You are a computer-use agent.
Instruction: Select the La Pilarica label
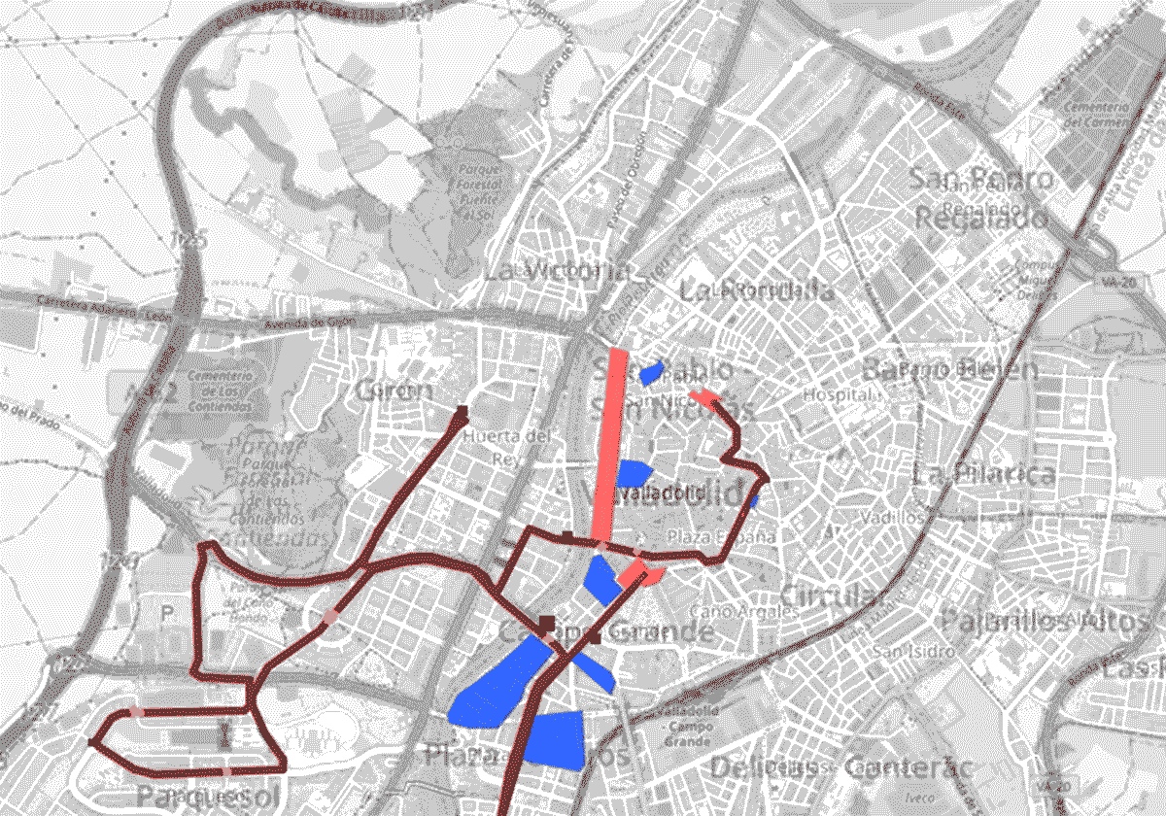(983, 475)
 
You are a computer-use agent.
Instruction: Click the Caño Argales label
(744, 612)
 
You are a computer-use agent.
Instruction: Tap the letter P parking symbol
(167, 613)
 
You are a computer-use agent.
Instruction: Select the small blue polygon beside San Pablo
(651, 372)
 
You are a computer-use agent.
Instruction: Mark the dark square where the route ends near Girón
(463, 411)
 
